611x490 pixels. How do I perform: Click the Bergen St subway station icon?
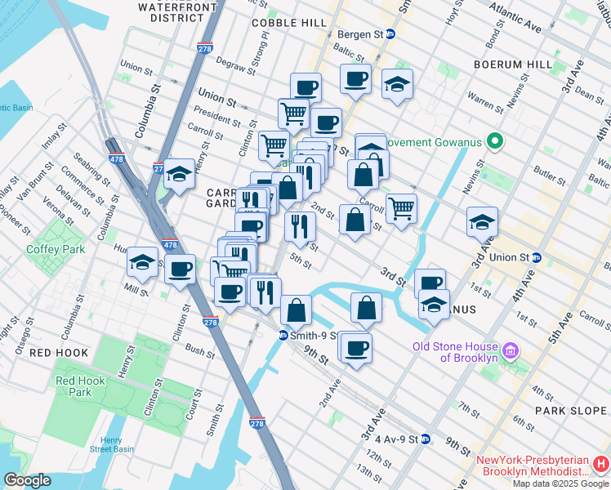390,34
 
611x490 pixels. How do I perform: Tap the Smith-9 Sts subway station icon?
283,335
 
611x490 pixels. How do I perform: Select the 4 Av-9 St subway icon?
425,439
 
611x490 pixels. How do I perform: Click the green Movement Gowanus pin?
494,142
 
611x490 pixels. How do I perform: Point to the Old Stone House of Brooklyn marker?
511,351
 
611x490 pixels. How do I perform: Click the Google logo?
27,480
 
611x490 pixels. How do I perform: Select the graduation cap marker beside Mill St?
142,263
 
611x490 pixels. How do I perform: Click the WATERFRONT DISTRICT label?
172,11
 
